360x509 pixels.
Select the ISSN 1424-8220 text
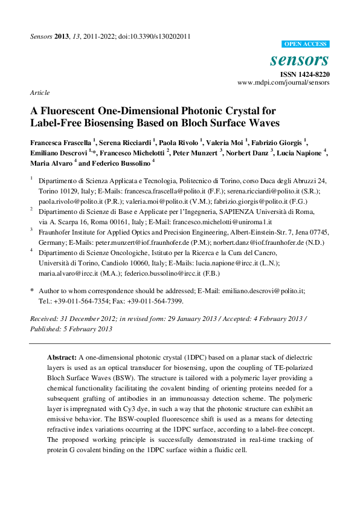[304, 73]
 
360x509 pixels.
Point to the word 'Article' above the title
[39, 92]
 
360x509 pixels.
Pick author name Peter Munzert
[195, 153]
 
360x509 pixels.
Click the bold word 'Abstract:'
[62, 357]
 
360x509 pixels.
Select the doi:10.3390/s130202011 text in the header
[159, 36]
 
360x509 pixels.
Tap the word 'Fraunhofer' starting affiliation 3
[57, 232]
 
